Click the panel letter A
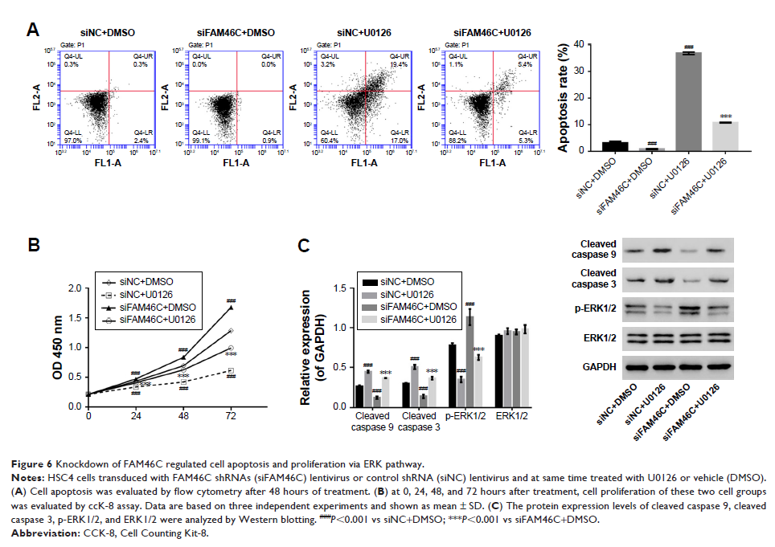tap(33, 31)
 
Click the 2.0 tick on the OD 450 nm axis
tap(76, 288)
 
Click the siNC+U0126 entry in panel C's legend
tap(415, 294)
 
